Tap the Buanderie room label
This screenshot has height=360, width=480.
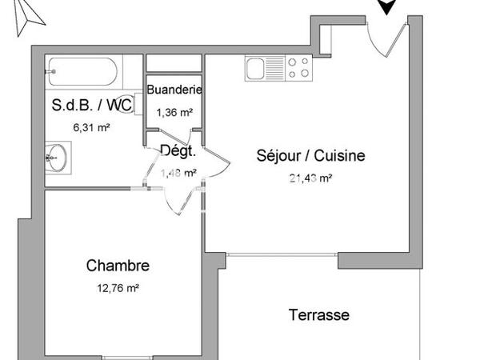click(174, 90)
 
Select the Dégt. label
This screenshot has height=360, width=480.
click(174, 151)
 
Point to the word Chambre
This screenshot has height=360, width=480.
click(118, 266)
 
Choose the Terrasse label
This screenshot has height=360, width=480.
click(318, 315)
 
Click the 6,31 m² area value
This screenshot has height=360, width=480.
click(91, 126)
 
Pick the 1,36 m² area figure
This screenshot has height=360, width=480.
click(174, 113)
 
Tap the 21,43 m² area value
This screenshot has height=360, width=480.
click(310, 178)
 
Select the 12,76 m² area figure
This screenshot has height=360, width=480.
click(118, 289)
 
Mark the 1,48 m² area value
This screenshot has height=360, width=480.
click(178, 172)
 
